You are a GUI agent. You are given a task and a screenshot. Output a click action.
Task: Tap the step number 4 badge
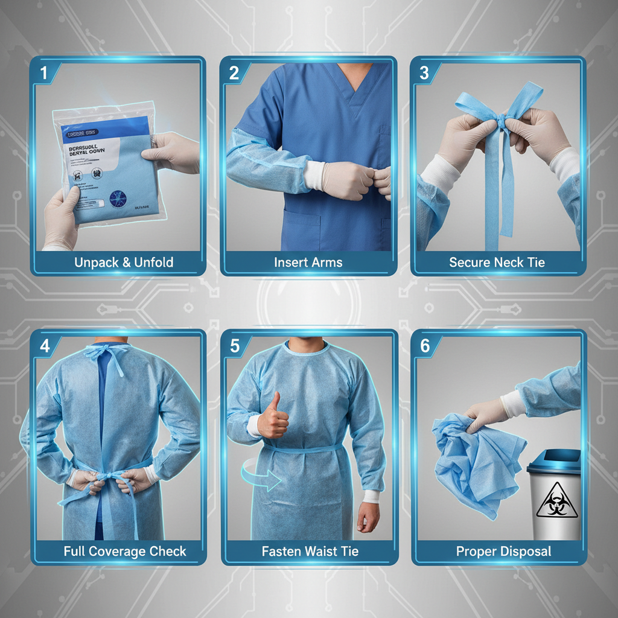coord(44,346)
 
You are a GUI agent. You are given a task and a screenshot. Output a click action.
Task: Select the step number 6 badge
coord(425,346)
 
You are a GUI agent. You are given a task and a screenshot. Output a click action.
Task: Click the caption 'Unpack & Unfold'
coord(124,263)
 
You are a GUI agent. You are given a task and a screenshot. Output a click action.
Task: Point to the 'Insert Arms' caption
coord(308,263)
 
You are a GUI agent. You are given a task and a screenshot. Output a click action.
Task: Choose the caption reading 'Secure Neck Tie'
coord(497,263)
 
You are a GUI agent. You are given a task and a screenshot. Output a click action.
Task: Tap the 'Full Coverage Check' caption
coord(125,551)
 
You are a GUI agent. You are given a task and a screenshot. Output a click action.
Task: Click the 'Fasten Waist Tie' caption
coord(310,551)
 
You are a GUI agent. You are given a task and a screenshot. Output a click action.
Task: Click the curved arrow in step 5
coord(260,474)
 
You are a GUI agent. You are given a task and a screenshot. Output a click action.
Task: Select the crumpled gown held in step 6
coord(471,459)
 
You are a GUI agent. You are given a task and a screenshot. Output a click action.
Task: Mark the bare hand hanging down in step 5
coord(368,516)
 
